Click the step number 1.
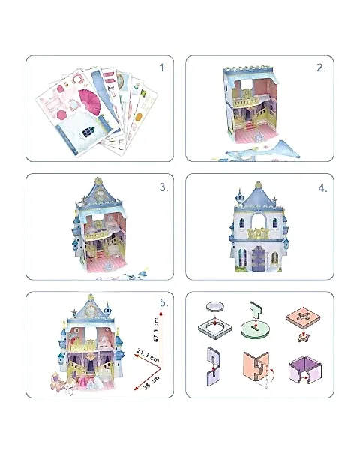(x=164, y=68)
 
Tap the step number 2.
(x=321, y=68)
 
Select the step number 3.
(x=164, y=187)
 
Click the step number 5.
(x=163, y=304)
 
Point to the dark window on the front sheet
(x=88, y=132)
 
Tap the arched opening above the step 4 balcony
(x=257, y=223)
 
